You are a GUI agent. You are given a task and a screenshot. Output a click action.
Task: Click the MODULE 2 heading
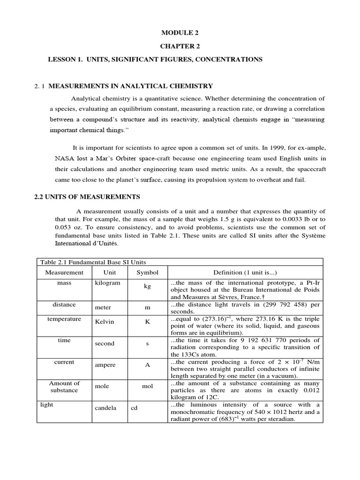pyautogui.click(x=177, y=32)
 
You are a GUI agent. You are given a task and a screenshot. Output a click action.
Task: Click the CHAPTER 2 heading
pyautogui.click(x=177, y=46)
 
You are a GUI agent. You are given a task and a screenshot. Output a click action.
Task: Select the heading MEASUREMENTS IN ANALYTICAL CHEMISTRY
pyautogui.click(x=131, y=86)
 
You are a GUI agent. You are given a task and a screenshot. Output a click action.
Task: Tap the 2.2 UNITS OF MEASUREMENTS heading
pyautogui.click(x=87, y=196)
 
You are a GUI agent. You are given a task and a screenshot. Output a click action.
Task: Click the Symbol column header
pyautogui.click(x=148, y=272)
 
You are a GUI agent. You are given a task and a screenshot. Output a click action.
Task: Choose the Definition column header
pyautogui.click(x=245, y=272)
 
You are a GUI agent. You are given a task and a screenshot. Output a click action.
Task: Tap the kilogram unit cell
pyautogui.click(x=107, y=283)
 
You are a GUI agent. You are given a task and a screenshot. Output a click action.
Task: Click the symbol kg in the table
pyautogui.click(x=148, y=286)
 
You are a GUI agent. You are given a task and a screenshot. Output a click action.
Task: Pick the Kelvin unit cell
pyautogui.click(x=105, y=322)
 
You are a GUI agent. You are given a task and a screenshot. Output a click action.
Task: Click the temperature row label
pyautogui.click(x=64, y=319)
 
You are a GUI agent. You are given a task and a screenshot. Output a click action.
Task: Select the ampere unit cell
pyautogui.click(x=105, y=365)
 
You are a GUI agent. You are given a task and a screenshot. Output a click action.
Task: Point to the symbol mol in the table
pyautogui.click(x=148, y=387)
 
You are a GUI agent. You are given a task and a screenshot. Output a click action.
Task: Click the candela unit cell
pyautogui.click(x=106, y=408)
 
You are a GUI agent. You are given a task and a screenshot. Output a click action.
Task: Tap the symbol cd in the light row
pyautogui.click(x=134, y=408)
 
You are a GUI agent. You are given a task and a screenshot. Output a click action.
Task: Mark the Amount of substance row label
pyautogui.click(x=64, y=387)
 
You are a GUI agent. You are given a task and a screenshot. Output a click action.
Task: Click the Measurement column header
pyautogui.click(x=64, y=272)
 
